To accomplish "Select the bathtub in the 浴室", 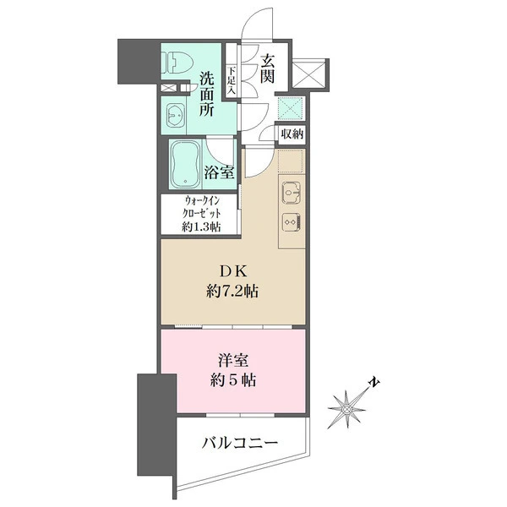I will (185, 165).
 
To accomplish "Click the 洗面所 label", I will (208, 95).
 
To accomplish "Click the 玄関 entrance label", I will (268, 70).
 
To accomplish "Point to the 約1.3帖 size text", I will (201, 226).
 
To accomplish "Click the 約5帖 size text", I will (231, 380).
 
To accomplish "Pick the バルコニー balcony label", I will (240, 443).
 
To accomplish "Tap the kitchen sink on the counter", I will (290, 194).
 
